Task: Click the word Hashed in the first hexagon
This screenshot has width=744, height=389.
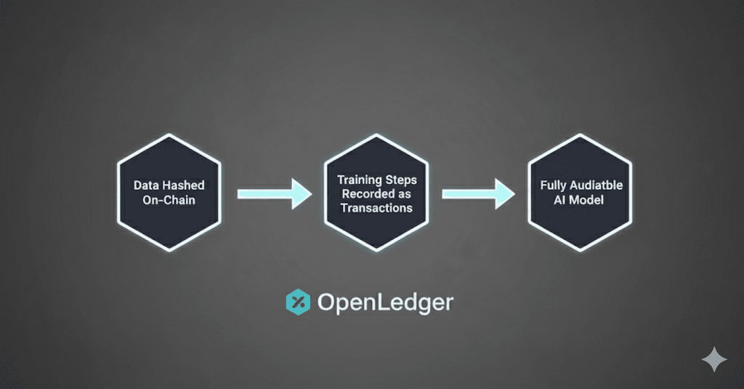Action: click(x=182, y=186)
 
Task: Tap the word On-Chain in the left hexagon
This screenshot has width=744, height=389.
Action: click(x=168, y=200)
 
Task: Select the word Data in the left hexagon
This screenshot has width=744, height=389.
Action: click(x=147, y=186)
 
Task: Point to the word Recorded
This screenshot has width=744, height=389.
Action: click(x=365, y=193)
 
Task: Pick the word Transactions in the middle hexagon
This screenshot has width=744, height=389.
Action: click(x=376, y=207)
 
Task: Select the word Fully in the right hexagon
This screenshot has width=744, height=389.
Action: click(x=554, y=186)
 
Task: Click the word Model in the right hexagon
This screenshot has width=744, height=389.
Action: click(x=588, y=200)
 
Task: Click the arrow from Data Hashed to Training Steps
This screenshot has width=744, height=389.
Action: click(x=274, y=193)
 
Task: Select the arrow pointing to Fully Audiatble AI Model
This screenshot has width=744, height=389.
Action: click(x=479, y=193)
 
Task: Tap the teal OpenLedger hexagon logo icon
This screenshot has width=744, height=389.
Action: click(x=297, y=302)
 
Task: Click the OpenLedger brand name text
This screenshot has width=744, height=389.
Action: click(x=384, y=302)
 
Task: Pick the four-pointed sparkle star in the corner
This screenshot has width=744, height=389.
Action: click(x=713, y=360)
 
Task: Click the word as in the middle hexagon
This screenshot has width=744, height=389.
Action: click(x=403, y=193)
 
